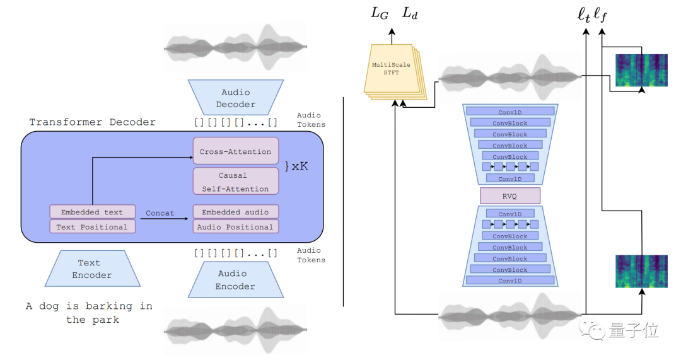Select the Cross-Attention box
(x=235, y=151)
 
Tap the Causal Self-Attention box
(x=235, y=182)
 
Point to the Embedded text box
(x=91, y=212)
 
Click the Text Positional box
(x=91, y=227)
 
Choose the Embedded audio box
(x=235, y=212)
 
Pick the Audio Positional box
(x=235, y=227)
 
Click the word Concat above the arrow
(x=160, y=213)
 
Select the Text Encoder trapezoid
(x=92, y=269)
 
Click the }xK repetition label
(x=296, y=167)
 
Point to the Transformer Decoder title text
(x=92, y=122)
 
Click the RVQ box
(x=510, y=195)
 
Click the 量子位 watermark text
(x=634, y=330)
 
